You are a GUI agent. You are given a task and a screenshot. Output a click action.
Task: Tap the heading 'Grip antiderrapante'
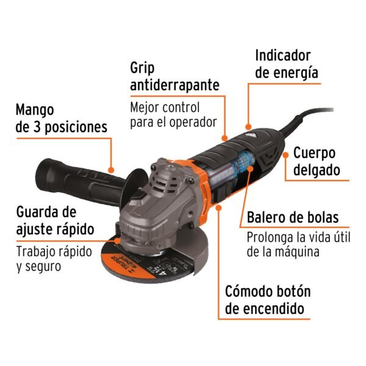pyautogui.click(x=174, y=76)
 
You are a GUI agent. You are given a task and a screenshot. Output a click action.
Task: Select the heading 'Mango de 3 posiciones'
pyautogui.click(x=61, y=118)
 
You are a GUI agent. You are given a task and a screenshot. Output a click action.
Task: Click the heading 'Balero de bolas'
pyautogui.click(x=292, y=218)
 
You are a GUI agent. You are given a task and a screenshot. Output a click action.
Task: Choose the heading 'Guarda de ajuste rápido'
pyautogui.click(x=54, y=221)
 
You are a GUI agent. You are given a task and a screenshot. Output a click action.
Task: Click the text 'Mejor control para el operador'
pyautogui.click(x=173, y=115)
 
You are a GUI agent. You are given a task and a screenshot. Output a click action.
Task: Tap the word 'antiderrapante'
pyautogui.click(x=174, y=85)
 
